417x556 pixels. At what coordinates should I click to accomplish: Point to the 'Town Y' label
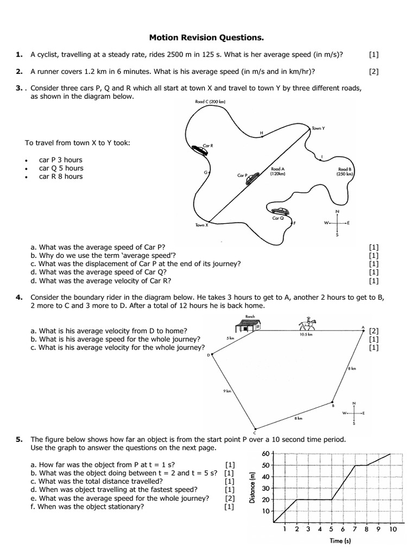[318, 129]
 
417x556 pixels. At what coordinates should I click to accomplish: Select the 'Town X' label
[202, 225]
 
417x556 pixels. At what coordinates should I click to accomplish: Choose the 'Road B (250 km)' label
[345, 172]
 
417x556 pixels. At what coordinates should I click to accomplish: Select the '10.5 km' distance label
[306, 335]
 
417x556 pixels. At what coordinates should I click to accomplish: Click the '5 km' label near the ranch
[230, 338]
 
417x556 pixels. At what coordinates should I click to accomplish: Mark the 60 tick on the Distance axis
[266, 454]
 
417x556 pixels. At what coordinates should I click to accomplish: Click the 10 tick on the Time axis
[393, 529]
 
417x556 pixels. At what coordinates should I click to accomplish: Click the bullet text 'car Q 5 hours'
[61, 168]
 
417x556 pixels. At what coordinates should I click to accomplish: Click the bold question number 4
[19, 298]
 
